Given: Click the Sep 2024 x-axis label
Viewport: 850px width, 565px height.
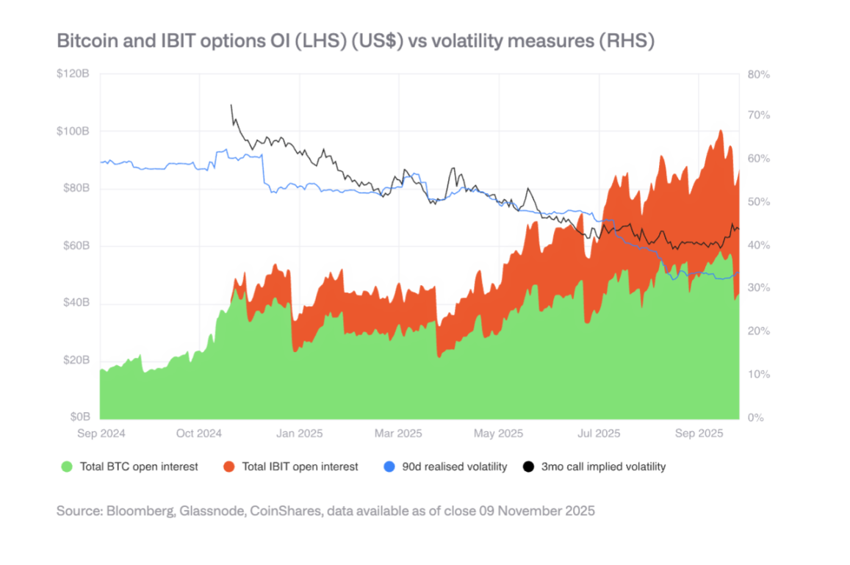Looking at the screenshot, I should click(x=101, y=433).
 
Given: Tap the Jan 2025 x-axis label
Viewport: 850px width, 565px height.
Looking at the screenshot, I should click(x=299, y=433).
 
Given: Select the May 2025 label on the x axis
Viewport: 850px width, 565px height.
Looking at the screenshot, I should click(x=498, y=433).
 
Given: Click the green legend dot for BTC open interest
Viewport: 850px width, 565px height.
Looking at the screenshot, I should click(x=67, y=467).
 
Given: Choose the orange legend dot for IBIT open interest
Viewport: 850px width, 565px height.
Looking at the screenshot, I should click(x=228, y=467).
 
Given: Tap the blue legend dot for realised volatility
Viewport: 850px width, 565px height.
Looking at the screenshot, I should click(x=389, y=467).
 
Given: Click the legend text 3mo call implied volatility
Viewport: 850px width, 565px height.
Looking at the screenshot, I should click(x=603, y=467).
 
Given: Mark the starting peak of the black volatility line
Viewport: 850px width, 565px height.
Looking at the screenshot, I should click(x=231, y=105).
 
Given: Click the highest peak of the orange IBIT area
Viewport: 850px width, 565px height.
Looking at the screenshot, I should click(x=721, y=131).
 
